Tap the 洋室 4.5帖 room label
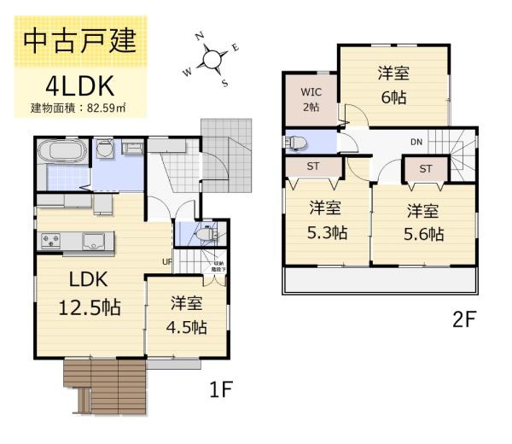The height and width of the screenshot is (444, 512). [188, 314]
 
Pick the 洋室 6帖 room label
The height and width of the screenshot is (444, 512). [393, 85]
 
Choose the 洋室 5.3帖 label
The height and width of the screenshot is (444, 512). [327, 219]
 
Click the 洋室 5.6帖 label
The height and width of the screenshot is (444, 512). [424, 222]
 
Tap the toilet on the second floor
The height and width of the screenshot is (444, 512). [294, 140]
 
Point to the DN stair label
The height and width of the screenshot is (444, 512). [416, 142]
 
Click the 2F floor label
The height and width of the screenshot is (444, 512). [463, 320]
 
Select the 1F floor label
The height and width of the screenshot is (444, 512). [220, 390]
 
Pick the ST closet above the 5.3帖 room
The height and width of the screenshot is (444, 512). [312, 166]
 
